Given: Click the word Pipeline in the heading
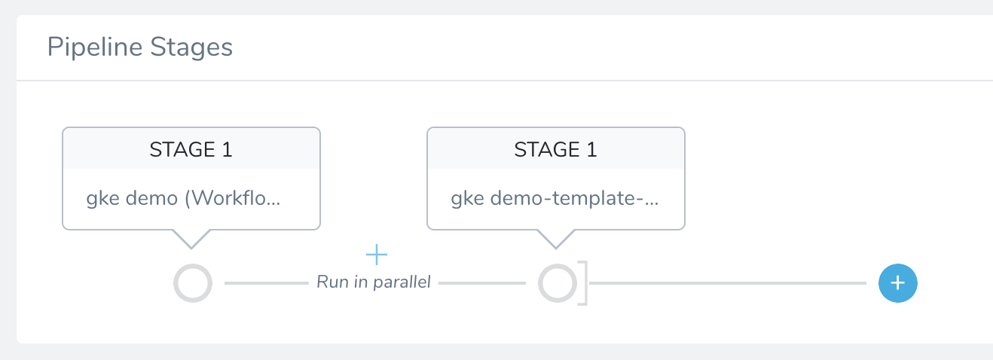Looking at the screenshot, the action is [x=94, y=47].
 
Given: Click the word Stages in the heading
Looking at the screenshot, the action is [x=191, y=47].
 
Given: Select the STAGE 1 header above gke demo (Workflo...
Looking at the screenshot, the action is [x=191, y=149].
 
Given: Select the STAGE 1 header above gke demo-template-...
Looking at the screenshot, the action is [x=555, y=149].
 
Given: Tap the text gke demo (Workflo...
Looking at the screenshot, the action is [x=183, y=198].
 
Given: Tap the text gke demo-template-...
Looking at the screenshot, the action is [x=555, y=198].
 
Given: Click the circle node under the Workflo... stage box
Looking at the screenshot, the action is [x=193, y=283].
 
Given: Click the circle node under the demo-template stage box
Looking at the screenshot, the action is [x=558, y=283].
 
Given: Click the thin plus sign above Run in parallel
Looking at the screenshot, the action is [x=377, y=255].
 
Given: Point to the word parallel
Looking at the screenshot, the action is [x=402, y=282].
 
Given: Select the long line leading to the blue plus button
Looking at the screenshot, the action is [x=728, y=283].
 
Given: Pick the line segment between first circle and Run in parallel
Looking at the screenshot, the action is [x=267, y=283].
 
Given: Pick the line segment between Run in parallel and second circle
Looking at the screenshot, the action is [x=482, y=283].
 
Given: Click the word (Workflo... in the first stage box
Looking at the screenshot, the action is [x=233, y=198].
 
